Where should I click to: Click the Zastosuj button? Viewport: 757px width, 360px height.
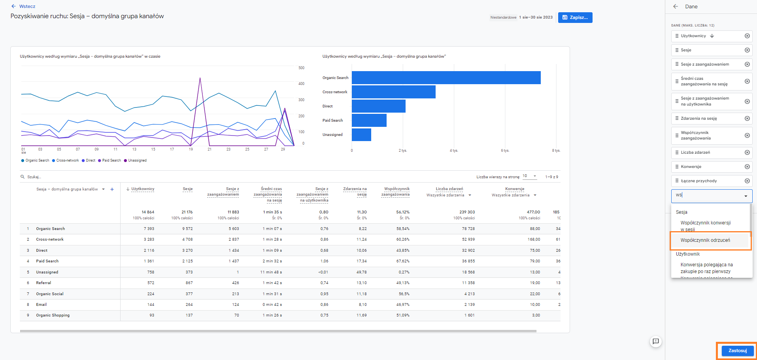(738, 351)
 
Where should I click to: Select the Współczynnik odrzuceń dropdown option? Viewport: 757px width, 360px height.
(705, 240)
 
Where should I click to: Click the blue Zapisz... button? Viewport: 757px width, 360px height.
(575, 17)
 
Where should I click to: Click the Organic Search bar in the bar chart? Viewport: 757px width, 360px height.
(446, 77)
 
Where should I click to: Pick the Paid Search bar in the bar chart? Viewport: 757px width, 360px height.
(369, 120)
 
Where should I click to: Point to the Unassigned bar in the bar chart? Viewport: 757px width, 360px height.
(361, 134)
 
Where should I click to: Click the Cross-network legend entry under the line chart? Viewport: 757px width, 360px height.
(65, 160)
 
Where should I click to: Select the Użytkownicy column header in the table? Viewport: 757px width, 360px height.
(143, 189)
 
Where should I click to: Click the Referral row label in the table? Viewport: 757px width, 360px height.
(43, 283)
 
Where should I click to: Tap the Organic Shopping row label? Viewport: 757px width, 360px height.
(53, 315)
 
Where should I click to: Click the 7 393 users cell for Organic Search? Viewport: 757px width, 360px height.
(149, 229)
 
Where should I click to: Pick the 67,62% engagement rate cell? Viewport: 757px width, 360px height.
(403, 261)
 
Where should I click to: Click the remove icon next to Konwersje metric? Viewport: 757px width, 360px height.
(747, 167)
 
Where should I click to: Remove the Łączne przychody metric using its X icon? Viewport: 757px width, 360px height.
(747, 181)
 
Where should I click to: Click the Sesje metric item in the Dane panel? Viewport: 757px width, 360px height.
(712, 50)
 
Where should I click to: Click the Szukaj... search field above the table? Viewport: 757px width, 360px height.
(34, 177)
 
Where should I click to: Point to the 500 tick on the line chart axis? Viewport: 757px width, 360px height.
(301, 68)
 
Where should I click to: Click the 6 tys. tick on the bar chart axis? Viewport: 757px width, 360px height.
(505, 151)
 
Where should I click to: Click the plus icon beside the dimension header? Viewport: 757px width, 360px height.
(112, 189)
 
